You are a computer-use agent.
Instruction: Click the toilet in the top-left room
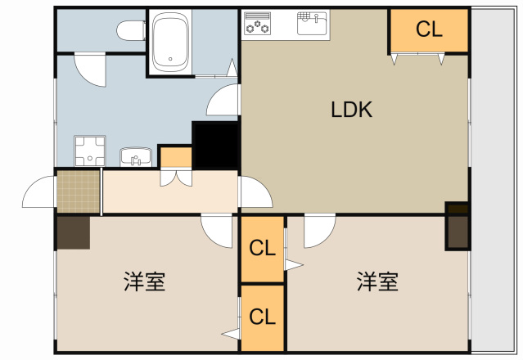pos(128,31)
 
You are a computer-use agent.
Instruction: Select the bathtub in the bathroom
pos(171,43)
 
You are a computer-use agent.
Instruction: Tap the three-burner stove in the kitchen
pos(257,25)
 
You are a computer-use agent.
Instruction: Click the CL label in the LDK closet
pos(428,30)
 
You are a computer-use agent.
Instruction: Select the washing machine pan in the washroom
pos(89,150)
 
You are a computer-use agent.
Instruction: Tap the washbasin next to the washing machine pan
pos(134,155)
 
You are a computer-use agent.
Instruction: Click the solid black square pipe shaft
pos(214,144)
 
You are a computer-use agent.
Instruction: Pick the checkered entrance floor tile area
pos(78,191)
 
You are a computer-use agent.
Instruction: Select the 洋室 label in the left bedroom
pos(145,282)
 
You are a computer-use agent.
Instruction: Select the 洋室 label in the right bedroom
pos(377,282)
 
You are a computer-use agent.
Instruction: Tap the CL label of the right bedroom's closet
pos(262,246)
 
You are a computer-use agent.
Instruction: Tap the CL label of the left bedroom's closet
pos(262,316)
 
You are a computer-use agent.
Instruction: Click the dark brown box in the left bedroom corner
pos(72,232)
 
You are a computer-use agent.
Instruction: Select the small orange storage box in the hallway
pos(175,155)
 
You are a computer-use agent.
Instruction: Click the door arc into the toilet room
pos(88,70)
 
